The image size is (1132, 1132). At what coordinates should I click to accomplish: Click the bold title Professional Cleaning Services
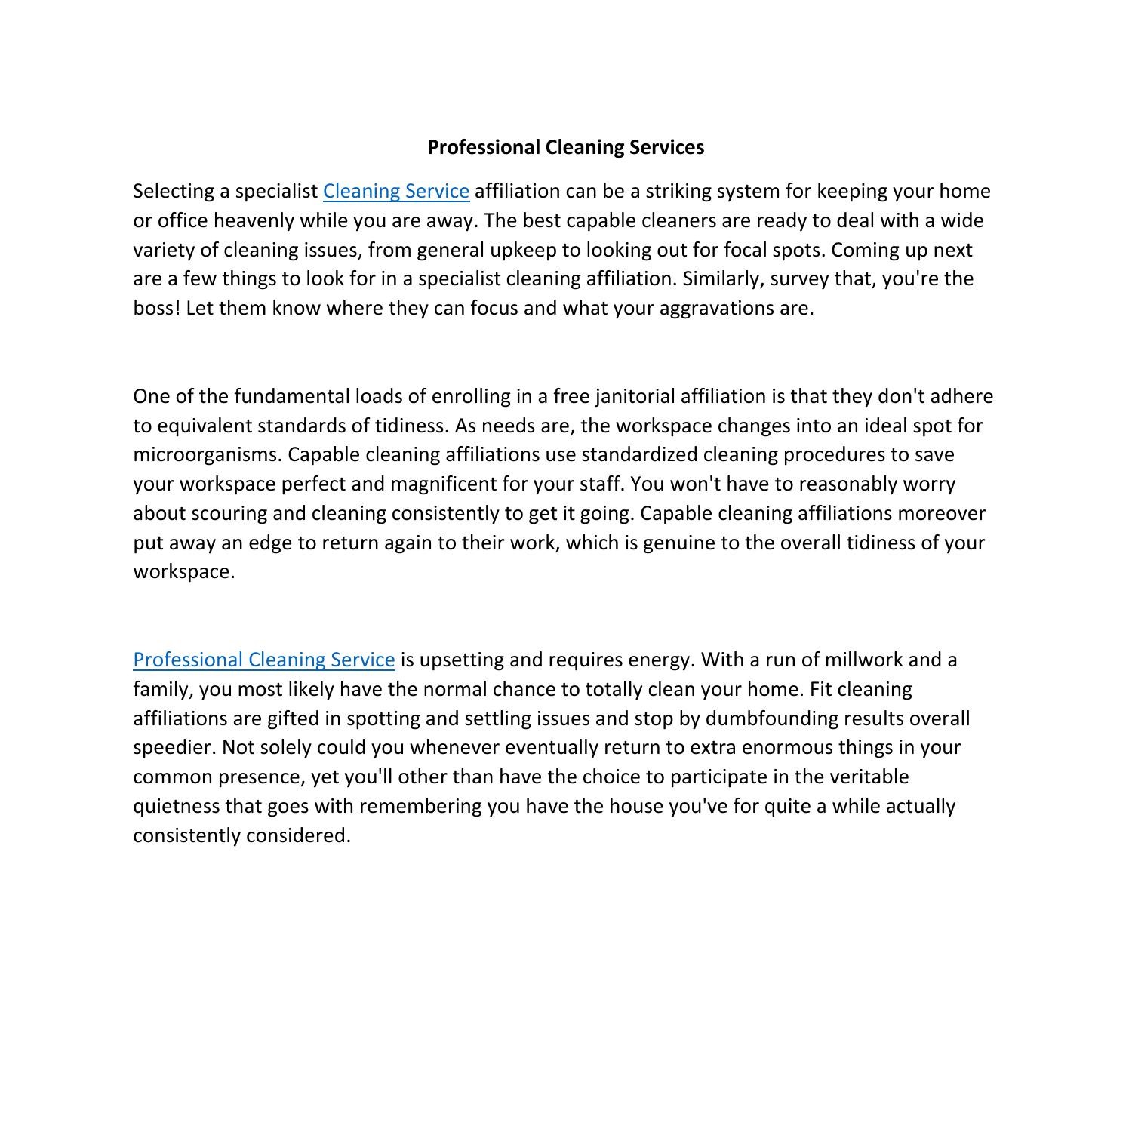click(x=565, y=147)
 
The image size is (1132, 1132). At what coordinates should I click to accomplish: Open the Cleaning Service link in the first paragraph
click(x=396, y=191)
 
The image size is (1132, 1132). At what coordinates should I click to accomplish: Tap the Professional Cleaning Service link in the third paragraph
click(x=264, y=660)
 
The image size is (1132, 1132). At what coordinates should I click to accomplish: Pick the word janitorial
click(x=635, y=396)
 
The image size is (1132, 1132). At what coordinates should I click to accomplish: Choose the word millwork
click(x=863, y=660)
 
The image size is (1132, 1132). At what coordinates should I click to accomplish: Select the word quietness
click(x=177, y=806)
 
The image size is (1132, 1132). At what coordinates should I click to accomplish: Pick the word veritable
click(x=869, y=777)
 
